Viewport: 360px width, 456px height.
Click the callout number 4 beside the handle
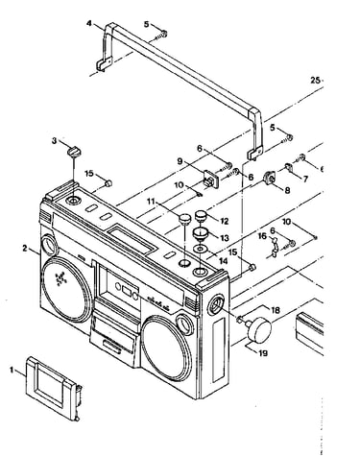pos(89,23)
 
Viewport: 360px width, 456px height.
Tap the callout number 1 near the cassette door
pos(12,371)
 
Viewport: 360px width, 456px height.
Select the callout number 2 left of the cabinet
pos(25,248)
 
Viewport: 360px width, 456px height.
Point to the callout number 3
pos(55,140)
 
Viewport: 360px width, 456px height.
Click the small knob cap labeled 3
pos(74,151)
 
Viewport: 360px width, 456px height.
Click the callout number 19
pos(263,353)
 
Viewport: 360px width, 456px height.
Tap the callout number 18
pos(276,310)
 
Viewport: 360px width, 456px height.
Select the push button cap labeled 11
pos(184,220)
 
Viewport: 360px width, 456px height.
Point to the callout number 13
pos(225,238)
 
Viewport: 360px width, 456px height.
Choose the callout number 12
pos(225,221)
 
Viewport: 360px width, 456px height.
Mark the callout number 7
pos(305,179)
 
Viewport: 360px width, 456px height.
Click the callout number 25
pos(315,81)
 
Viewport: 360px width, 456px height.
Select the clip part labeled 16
pos(274,247)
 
